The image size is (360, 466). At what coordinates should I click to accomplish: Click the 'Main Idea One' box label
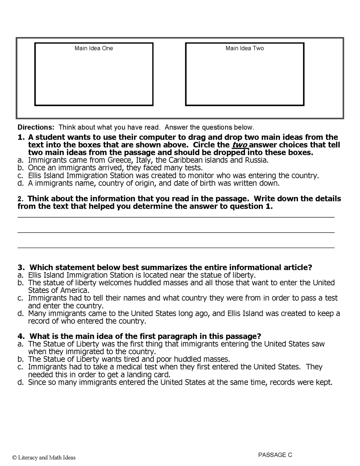coord(94,48)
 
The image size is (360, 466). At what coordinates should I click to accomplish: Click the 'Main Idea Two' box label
coord(244,48)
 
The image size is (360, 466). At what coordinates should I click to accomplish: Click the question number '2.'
coord(20,199)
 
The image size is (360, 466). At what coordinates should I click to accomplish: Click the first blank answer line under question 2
coord(176,217)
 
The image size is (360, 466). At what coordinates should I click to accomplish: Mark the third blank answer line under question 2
coord(176,248)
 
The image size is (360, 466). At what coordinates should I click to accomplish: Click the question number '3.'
coord(21,268)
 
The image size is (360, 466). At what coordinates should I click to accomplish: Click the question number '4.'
coord(21,336)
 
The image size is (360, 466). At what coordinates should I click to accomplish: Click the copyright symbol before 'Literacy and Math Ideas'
coord(14,458)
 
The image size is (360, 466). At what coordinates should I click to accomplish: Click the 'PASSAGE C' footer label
coord(275,455)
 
